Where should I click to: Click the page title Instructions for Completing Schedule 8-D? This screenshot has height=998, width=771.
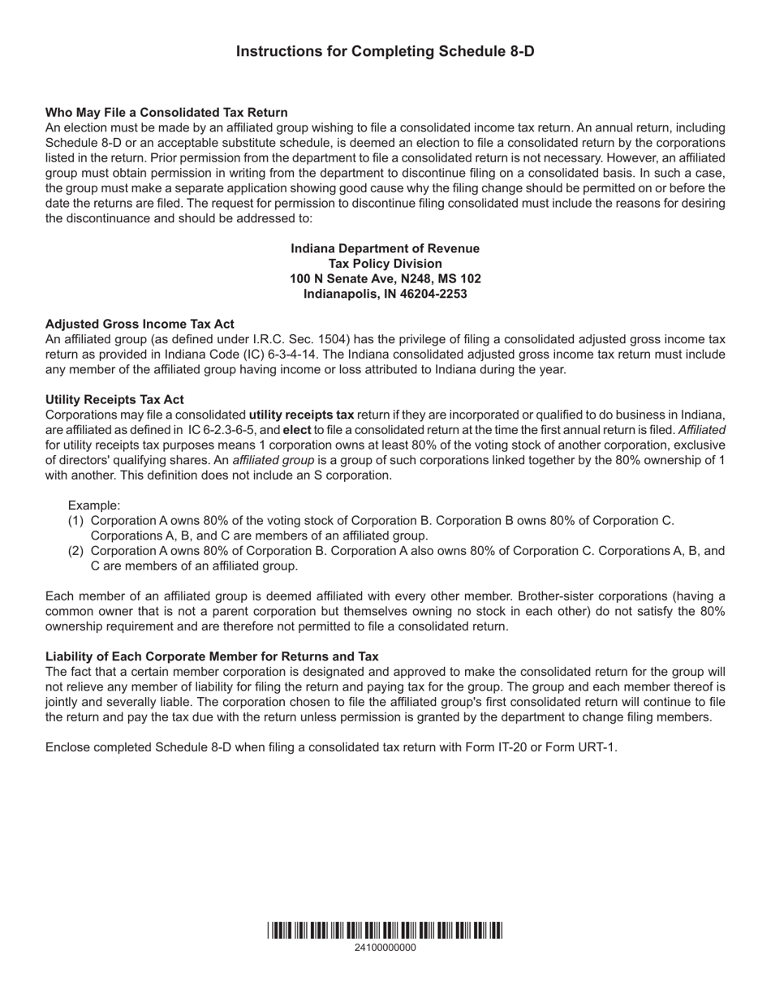tap(385, 52)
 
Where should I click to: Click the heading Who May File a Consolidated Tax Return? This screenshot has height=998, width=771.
tap(166, 113)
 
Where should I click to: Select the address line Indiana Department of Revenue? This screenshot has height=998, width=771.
tap(385, 248)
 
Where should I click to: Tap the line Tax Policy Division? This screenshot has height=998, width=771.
tap(385, 264)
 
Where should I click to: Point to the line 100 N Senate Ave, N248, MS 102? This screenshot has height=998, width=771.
tap(385, 279)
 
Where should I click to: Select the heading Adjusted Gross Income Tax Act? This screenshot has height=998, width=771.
tap(140, 324)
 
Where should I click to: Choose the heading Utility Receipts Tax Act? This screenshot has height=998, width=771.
tap(114, 400)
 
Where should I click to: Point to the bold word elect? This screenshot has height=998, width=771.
tap(296, 430)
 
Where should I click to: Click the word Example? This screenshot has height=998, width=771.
tap(94, 505)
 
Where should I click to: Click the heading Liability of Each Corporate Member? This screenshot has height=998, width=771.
tap(212, 656)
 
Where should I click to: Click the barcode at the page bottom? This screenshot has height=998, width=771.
tap(385, 931)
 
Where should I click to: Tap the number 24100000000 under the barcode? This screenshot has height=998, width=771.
tap(385, 948)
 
